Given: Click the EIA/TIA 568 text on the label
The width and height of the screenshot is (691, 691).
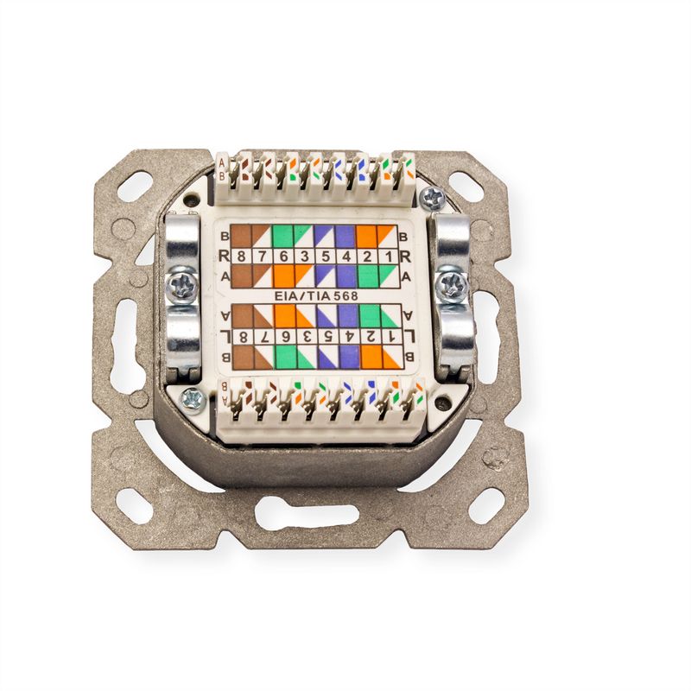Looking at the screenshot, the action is [316, 296].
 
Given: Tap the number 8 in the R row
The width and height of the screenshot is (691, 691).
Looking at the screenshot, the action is [241, 257].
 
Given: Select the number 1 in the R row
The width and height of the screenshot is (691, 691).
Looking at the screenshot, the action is [388, 257].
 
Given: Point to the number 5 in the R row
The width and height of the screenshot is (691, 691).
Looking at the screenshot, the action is [326, 257].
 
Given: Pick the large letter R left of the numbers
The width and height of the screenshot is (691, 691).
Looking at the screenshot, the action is [224, 256].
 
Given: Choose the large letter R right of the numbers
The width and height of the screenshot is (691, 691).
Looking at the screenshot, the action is [405, 257].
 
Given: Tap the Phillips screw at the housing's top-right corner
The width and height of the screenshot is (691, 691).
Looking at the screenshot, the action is [433, 198].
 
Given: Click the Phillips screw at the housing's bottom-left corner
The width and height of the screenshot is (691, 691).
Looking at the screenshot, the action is [193, 400].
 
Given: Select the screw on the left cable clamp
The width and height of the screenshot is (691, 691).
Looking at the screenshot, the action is [181, 285].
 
